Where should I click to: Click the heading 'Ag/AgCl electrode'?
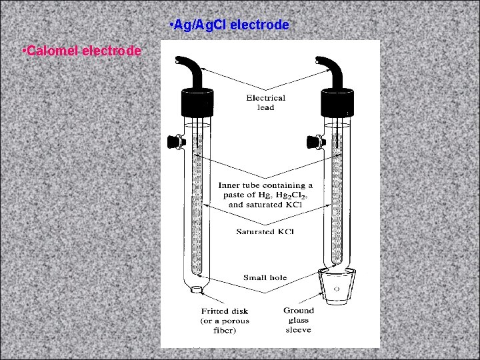[230, 25]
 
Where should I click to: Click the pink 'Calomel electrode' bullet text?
[81, 51]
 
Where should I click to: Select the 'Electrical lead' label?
[265, 103]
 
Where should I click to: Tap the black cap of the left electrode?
[198, 104]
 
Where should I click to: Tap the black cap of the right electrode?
[337, 104]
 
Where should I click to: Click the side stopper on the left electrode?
[175, 141]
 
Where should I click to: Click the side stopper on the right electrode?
[313, 141]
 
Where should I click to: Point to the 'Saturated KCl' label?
[265, 231]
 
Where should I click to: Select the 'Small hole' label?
[265, 277]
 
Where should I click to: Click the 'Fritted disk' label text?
[224, 311]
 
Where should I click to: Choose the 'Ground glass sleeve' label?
[298, 320]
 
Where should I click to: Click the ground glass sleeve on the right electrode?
[335, 287]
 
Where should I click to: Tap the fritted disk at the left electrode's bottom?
[197, 289]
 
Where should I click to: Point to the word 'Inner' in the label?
[231, 185]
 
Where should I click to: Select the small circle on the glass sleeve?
[336, 289]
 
